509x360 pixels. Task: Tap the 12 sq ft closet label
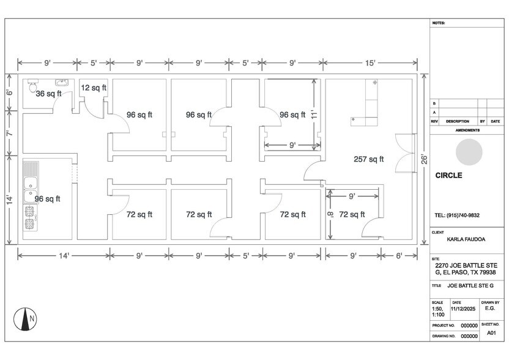[x=94, y=88]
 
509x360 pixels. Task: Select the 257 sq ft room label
[x=368, y=159]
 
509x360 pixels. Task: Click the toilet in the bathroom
[x=32, y=84]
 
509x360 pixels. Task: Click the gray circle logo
[x=469, y=151]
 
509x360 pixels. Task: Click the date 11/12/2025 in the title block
[x=463, y=309]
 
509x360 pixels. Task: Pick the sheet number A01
[x=491, y=333]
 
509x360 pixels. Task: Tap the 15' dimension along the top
[x=371, y=62]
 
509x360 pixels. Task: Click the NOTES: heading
[x=439, y=23]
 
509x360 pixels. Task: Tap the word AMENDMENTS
[x=468, y=130]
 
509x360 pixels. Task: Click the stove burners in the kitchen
[x=30, y=218]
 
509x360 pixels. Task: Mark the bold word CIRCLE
[x=448, y=175]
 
